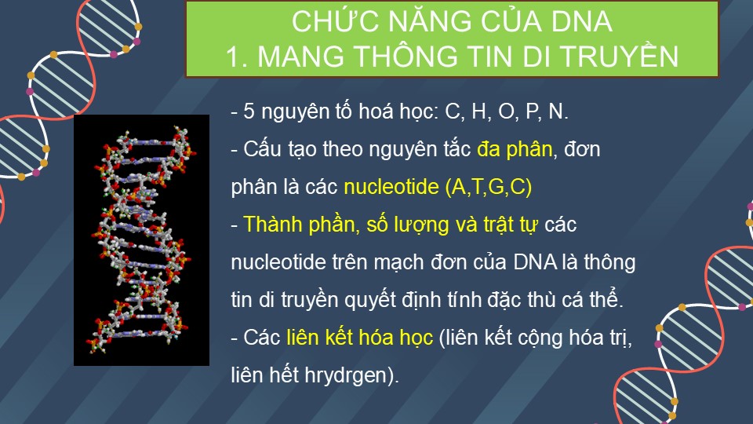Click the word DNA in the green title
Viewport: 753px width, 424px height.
581,22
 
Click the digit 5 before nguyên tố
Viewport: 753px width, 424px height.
249,111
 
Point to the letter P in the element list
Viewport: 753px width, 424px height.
532,111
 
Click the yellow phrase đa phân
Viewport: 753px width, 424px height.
515,149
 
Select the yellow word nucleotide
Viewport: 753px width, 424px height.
391,187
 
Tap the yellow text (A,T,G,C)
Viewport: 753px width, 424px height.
489,187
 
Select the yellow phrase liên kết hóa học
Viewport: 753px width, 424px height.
360,338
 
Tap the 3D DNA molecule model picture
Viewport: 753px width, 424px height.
141,240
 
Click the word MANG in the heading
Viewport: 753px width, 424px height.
300,57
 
